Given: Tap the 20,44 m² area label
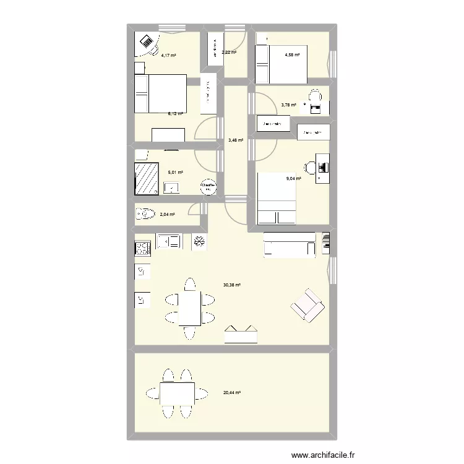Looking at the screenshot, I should coord(233,392).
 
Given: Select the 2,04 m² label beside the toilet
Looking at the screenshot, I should coord(167,215).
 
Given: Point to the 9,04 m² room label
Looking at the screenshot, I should coord(293,179).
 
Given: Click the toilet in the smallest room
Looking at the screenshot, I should coord(144,215).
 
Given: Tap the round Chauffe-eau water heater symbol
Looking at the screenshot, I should coord(208,185).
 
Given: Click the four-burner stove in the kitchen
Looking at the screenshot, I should coord(143,249).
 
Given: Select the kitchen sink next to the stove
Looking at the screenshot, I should coord(169,241).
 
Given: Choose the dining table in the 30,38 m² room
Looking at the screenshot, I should coord(189,308).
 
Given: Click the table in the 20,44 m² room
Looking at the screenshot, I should coord(177,392).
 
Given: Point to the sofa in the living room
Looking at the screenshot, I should coord(290,244).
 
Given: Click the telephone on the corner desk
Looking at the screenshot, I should coord(147,42).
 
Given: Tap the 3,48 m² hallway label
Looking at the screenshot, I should coord(236,140).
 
